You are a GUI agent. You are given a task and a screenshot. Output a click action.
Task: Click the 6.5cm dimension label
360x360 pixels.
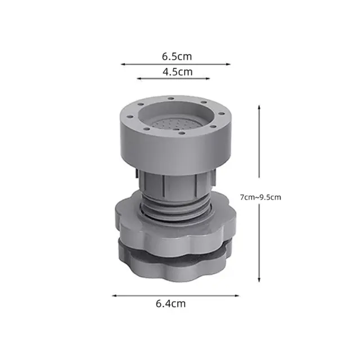click(177, 56)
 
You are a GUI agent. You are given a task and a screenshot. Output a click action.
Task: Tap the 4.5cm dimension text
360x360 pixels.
click(178, 72)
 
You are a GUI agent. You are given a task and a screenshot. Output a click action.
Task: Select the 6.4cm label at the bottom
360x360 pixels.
click(170, 304)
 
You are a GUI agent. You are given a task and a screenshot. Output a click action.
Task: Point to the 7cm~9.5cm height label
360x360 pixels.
click(260, 197)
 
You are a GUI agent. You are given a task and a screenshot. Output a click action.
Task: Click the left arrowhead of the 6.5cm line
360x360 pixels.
click(123, 64)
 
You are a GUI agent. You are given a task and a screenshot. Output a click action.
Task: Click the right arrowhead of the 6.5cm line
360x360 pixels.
click(228, 64)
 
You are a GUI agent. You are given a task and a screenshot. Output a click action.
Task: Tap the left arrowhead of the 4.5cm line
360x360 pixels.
click(139, 79)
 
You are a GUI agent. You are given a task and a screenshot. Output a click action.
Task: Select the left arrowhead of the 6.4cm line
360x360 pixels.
click(114, 296)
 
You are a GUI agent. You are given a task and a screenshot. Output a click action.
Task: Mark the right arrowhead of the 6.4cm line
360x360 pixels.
click(237, 296)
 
